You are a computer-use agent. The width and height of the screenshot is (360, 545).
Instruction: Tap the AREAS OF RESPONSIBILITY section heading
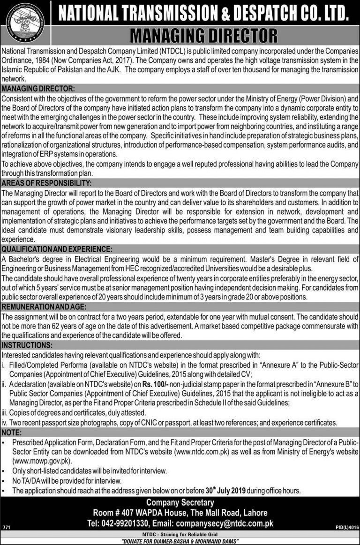point(46,183)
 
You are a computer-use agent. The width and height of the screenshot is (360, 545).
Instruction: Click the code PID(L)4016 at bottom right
point(346,527)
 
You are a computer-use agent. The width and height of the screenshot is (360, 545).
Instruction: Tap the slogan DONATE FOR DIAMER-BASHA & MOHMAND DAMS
point(180,541)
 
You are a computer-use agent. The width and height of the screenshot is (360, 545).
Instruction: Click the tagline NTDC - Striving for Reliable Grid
point(180,534)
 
